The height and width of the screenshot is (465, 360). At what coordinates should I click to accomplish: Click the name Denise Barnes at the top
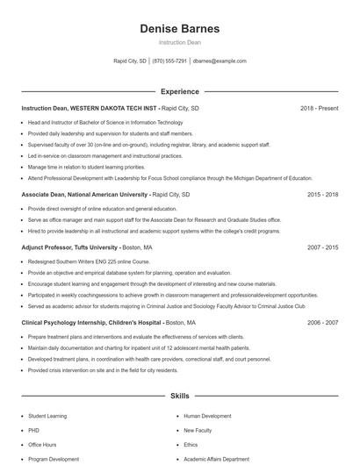point(179,29)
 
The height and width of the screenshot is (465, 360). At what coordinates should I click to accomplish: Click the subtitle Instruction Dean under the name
point(179,43)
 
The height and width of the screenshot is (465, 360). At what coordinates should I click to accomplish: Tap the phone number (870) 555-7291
point(169,61)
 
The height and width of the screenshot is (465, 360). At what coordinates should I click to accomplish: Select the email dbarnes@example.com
point(220,61)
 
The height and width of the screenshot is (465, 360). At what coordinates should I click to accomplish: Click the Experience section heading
point(179,91)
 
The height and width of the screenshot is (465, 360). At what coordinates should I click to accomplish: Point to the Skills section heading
point(179,397)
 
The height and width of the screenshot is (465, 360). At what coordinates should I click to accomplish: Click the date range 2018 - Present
point(319,108)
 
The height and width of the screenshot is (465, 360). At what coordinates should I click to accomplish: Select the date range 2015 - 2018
point(322,195)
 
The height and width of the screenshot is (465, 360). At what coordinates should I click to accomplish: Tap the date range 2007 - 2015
point(322,248)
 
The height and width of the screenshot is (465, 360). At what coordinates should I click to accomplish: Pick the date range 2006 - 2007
point(322,323)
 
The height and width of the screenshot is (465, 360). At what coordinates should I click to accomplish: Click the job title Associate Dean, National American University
point(84,195)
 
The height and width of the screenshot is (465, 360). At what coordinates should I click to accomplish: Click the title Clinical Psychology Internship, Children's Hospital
point(91,323)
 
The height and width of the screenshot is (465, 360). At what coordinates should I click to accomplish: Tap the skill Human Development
point(207,416)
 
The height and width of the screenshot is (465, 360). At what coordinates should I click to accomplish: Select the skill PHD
point(33,431)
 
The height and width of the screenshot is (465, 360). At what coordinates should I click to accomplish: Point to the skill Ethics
point(191,445)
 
